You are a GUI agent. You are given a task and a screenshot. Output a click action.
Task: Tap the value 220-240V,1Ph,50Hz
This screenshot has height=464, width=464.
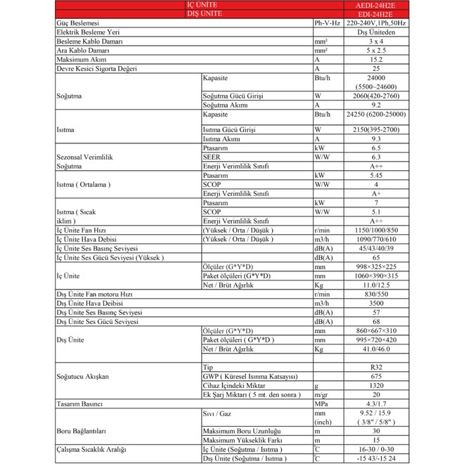(x=375, y=23)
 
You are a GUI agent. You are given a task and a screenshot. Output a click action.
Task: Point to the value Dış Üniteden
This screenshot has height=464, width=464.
(x=375, y=32)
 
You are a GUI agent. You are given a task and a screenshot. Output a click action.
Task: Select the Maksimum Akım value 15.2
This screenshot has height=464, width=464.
(x=375, y=60)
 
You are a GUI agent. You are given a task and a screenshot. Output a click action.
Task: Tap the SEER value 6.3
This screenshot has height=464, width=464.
(x=375, y=157)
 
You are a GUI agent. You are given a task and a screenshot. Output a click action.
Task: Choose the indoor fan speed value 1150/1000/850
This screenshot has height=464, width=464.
(x=375, y=230)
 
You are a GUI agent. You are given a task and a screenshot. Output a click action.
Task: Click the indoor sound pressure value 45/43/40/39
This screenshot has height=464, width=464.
(x=375, y=248)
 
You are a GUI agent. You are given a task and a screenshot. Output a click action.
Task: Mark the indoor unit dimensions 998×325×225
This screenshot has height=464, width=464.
(x=375, y=266)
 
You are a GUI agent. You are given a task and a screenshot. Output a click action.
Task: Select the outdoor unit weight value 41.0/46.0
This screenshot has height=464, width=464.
(x=375, y=349)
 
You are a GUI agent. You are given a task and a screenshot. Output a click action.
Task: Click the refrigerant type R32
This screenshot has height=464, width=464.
(x=375, y=368)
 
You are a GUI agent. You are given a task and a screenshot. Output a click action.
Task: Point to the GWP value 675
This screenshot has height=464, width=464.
(x=375, y=377)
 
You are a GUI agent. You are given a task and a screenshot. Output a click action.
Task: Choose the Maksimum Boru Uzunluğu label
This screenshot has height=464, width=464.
(x=239, y=431)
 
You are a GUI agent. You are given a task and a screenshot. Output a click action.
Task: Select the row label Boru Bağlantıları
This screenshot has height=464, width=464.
(x=82, y=431)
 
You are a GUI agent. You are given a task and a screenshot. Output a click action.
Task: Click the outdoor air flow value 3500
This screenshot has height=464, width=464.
(x=375, y=303)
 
